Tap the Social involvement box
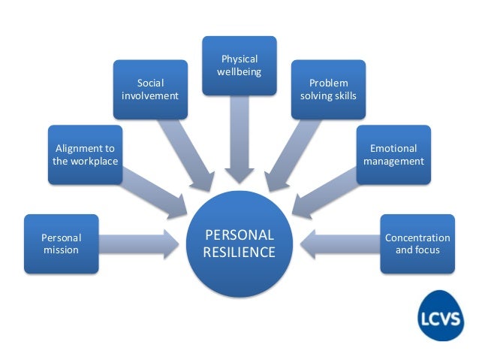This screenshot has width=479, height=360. click(x=151, y=89)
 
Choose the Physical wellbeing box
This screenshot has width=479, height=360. click(x=239, y=65)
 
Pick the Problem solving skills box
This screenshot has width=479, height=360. click(x=328, y=89)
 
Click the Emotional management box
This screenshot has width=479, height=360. click(x=393, y=155)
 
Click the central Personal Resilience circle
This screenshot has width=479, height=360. click(x=239, y=244)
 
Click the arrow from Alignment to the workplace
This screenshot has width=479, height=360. click(x=154, y=191)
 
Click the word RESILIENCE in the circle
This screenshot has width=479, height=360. click(x=239, y=253)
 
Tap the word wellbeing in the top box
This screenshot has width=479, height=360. click(x=239, y=71)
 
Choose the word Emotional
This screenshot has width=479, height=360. click(x=393, y=148)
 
